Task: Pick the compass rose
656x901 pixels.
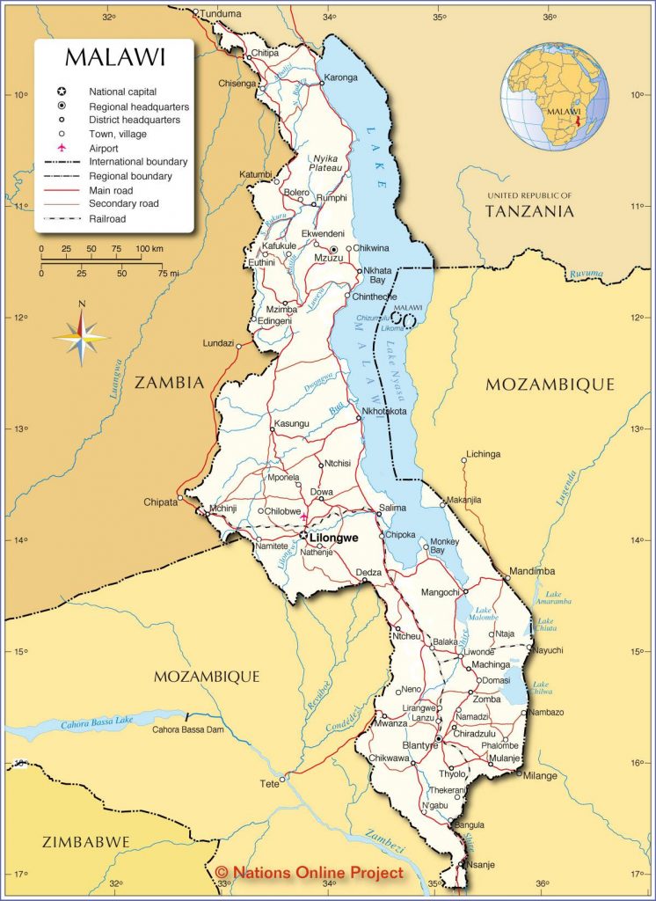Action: (x=81, y=335)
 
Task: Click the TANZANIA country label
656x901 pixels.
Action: (x=529, y=210)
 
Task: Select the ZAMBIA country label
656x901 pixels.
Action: (x=169, y=383)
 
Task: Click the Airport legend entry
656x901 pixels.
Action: (x=103, y=148)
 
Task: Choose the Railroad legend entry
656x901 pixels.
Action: (x=107, y=218)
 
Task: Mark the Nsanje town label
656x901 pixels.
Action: (x=484, y=866)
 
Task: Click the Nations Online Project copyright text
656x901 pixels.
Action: (x=310, y=872)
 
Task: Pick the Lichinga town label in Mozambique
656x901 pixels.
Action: (x=483, y=454)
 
